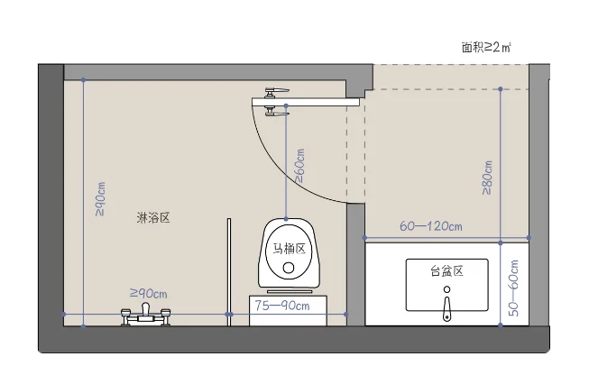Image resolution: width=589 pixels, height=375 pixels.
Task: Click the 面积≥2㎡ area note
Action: tap(486, 47)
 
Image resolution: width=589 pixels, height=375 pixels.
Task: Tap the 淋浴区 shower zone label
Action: tap(153, 218)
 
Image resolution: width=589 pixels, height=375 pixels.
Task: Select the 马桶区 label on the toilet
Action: tap(289, 249)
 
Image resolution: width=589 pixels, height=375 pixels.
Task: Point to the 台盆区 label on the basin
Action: tap(446, 271)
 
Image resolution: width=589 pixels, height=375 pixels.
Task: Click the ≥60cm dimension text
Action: tap(300, 166)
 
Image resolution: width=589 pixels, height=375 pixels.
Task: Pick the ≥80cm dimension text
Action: tap(487, 178)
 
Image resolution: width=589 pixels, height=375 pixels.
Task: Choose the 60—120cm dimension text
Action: tap(431, 226)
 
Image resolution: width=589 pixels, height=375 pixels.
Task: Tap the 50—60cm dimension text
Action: tap(513, 288)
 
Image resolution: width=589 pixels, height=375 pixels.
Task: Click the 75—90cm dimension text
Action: tap(282, 306)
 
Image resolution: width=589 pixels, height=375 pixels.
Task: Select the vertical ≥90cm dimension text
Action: tap(100, 199)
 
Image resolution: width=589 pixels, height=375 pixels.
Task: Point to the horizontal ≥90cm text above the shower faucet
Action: tap(148, 293)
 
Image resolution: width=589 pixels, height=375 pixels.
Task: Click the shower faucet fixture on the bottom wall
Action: tap(146, 315)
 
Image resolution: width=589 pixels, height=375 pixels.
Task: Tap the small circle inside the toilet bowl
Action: tap(289, 268)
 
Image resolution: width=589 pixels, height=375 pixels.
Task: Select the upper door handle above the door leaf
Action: tap(277, 92)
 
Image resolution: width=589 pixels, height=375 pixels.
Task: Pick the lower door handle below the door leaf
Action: tap(276, 112)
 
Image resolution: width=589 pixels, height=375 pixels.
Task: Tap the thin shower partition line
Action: tap(229, 272)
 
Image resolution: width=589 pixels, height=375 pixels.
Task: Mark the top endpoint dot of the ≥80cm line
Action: tap(501, 89)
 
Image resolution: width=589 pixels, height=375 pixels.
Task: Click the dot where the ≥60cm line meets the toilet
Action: tap(286, 219)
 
